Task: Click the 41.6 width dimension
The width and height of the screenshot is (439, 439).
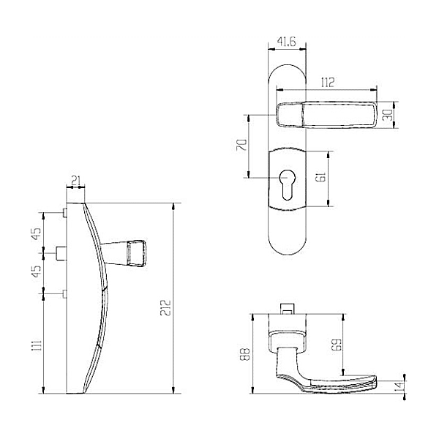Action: (x=286, y=43)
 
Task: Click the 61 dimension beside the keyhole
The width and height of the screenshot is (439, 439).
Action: (x=319, y=176)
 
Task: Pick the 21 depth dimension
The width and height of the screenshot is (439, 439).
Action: (x=76, y=180)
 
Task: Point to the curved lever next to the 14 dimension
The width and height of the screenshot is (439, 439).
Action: (x=329, y=380)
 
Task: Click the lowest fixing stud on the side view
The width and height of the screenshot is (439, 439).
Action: (x=67, y=293)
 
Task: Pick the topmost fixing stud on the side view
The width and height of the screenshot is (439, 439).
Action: (x=67, y=212)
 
